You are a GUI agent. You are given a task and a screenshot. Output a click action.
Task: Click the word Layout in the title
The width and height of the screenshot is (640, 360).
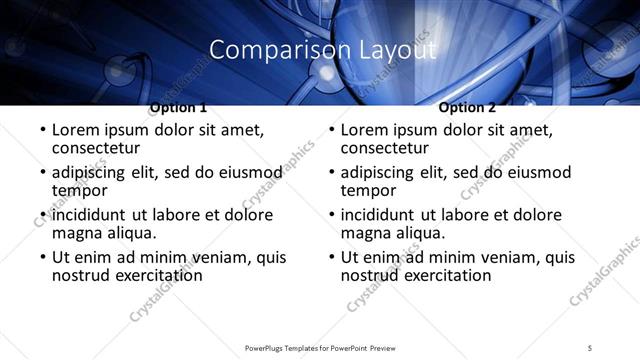click(391, 49)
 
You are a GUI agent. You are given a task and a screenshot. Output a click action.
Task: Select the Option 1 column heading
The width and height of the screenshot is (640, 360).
click(178, 107)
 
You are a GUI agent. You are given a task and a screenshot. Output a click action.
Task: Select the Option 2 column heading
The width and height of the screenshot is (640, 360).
click(467, 107)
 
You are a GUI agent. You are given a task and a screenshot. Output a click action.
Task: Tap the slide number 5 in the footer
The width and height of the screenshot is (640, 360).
click(590, 346)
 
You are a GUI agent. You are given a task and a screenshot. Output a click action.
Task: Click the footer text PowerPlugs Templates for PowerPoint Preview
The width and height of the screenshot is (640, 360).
click(319, 346)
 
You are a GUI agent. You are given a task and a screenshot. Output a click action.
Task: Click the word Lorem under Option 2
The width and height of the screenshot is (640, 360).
click(365, 130)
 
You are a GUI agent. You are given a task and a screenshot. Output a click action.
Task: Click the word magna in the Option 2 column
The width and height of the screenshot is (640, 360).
click(367, 233)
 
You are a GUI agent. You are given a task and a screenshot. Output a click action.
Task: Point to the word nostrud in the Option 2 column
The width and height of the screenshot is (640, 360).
click(372, 275)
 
